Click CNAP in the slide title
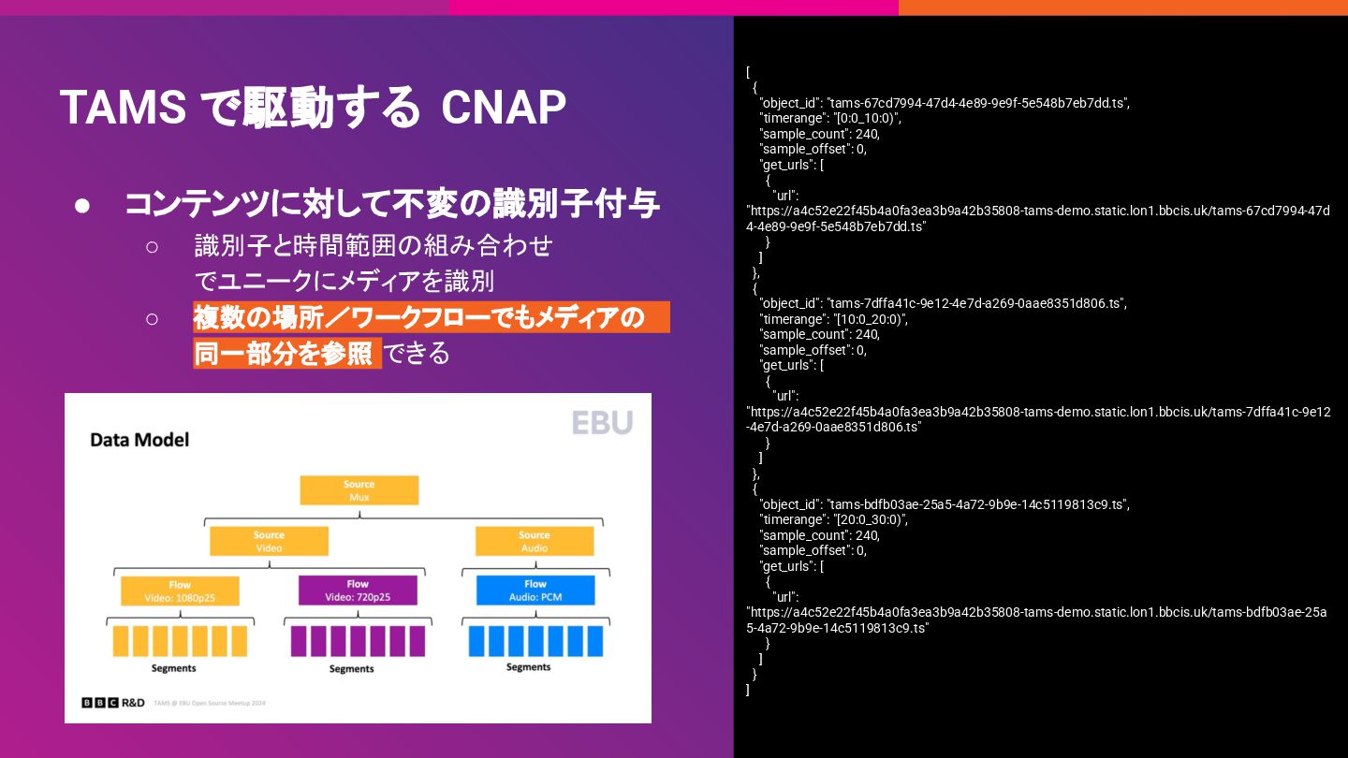coord(504,108)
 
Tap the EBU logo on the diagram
coord(602,422)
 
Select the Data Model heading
coord(139,439)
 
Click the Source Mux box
coord(359,490)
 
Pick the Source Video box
coord(269,541)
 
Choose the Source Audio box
coord(535,541)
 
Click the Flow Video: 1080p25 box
coord(180,590)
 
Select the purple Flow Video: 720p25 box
coord(358,590)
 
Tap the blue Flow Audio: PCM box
coord(535,590)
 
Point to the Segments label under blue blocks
coord(529,667)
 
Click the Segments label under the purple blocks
coord(352,668)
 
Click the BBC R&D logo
coord(113,702)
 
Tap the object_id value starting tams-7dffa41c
coord(976,303)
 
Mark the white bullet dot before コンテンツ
coord(82,205)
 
